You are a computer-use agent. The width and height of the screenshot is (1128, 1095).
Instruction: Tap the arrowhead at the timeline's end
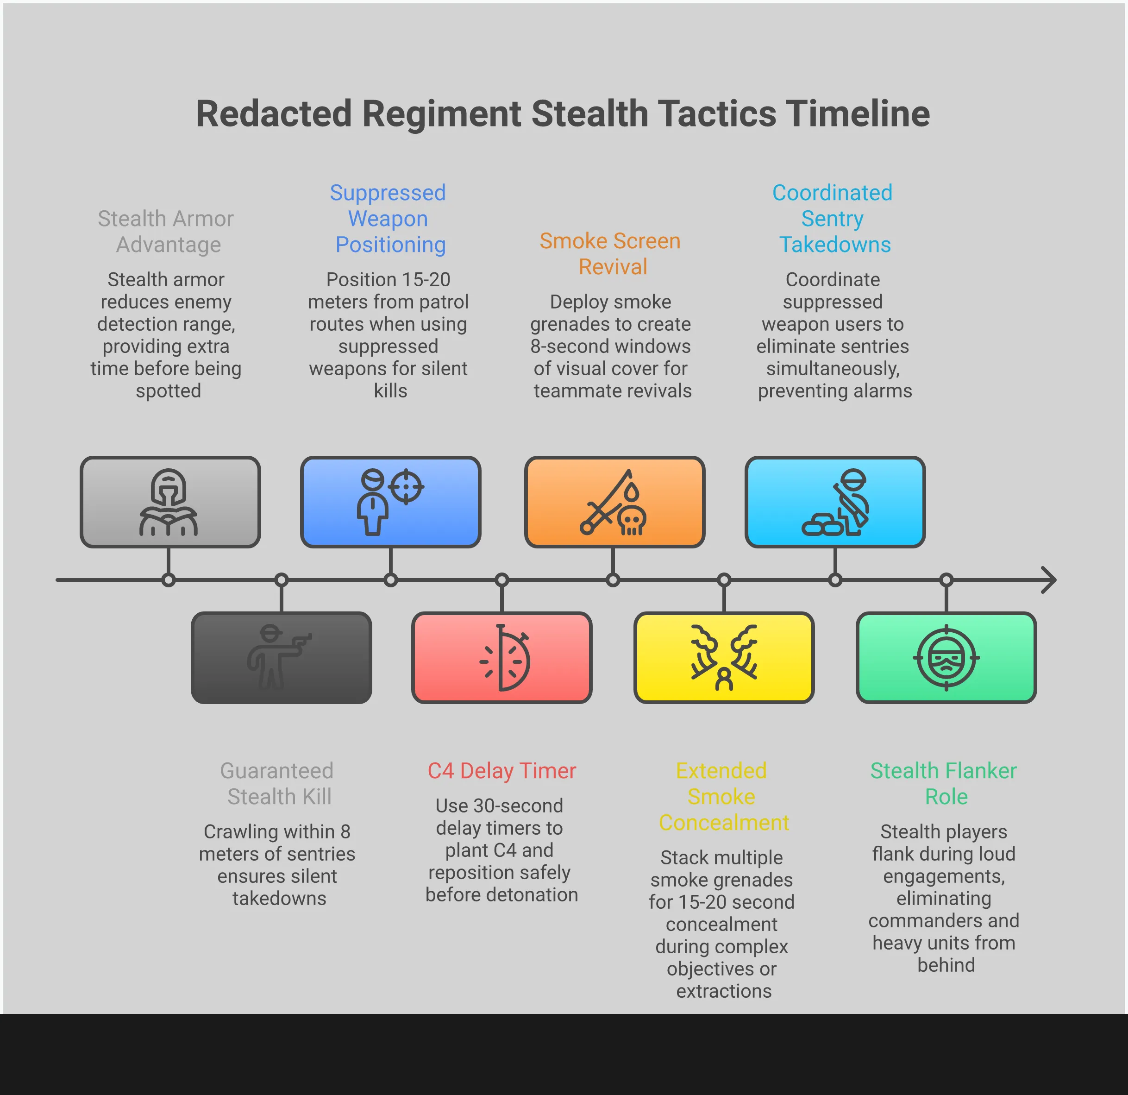1050,580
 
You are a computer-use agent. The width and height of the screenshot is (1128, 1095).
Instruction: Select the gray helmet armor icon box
170,502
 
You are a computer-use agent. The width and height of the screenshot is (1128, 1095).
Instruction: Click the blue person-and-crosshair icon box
390,502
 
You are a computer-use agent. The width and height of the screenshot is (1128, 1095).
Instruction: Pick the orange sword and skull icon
614,502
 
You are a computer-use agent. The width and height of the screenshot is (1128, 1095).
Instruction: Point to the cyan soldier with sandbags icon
835,502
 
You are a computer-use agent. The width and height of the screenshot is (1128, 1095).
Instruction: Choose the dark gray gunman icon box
281,657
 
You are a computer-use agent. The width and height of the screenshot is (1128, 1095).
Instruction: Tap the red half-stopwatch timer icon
502,657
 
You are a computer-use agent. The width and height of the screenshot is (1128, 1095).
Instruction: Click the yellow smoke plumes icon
724,657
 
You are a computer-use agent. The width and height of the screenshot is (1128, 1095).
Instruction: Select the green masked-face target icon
946,657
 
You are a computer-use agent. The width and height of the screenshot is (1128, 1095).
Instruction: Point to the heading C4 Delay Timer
502,770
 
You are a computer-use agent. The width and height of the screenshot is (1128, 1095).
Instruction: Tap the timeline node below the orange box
613,580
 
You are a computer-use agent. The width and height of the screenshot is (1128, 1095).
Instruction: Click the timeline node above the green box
946,580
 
